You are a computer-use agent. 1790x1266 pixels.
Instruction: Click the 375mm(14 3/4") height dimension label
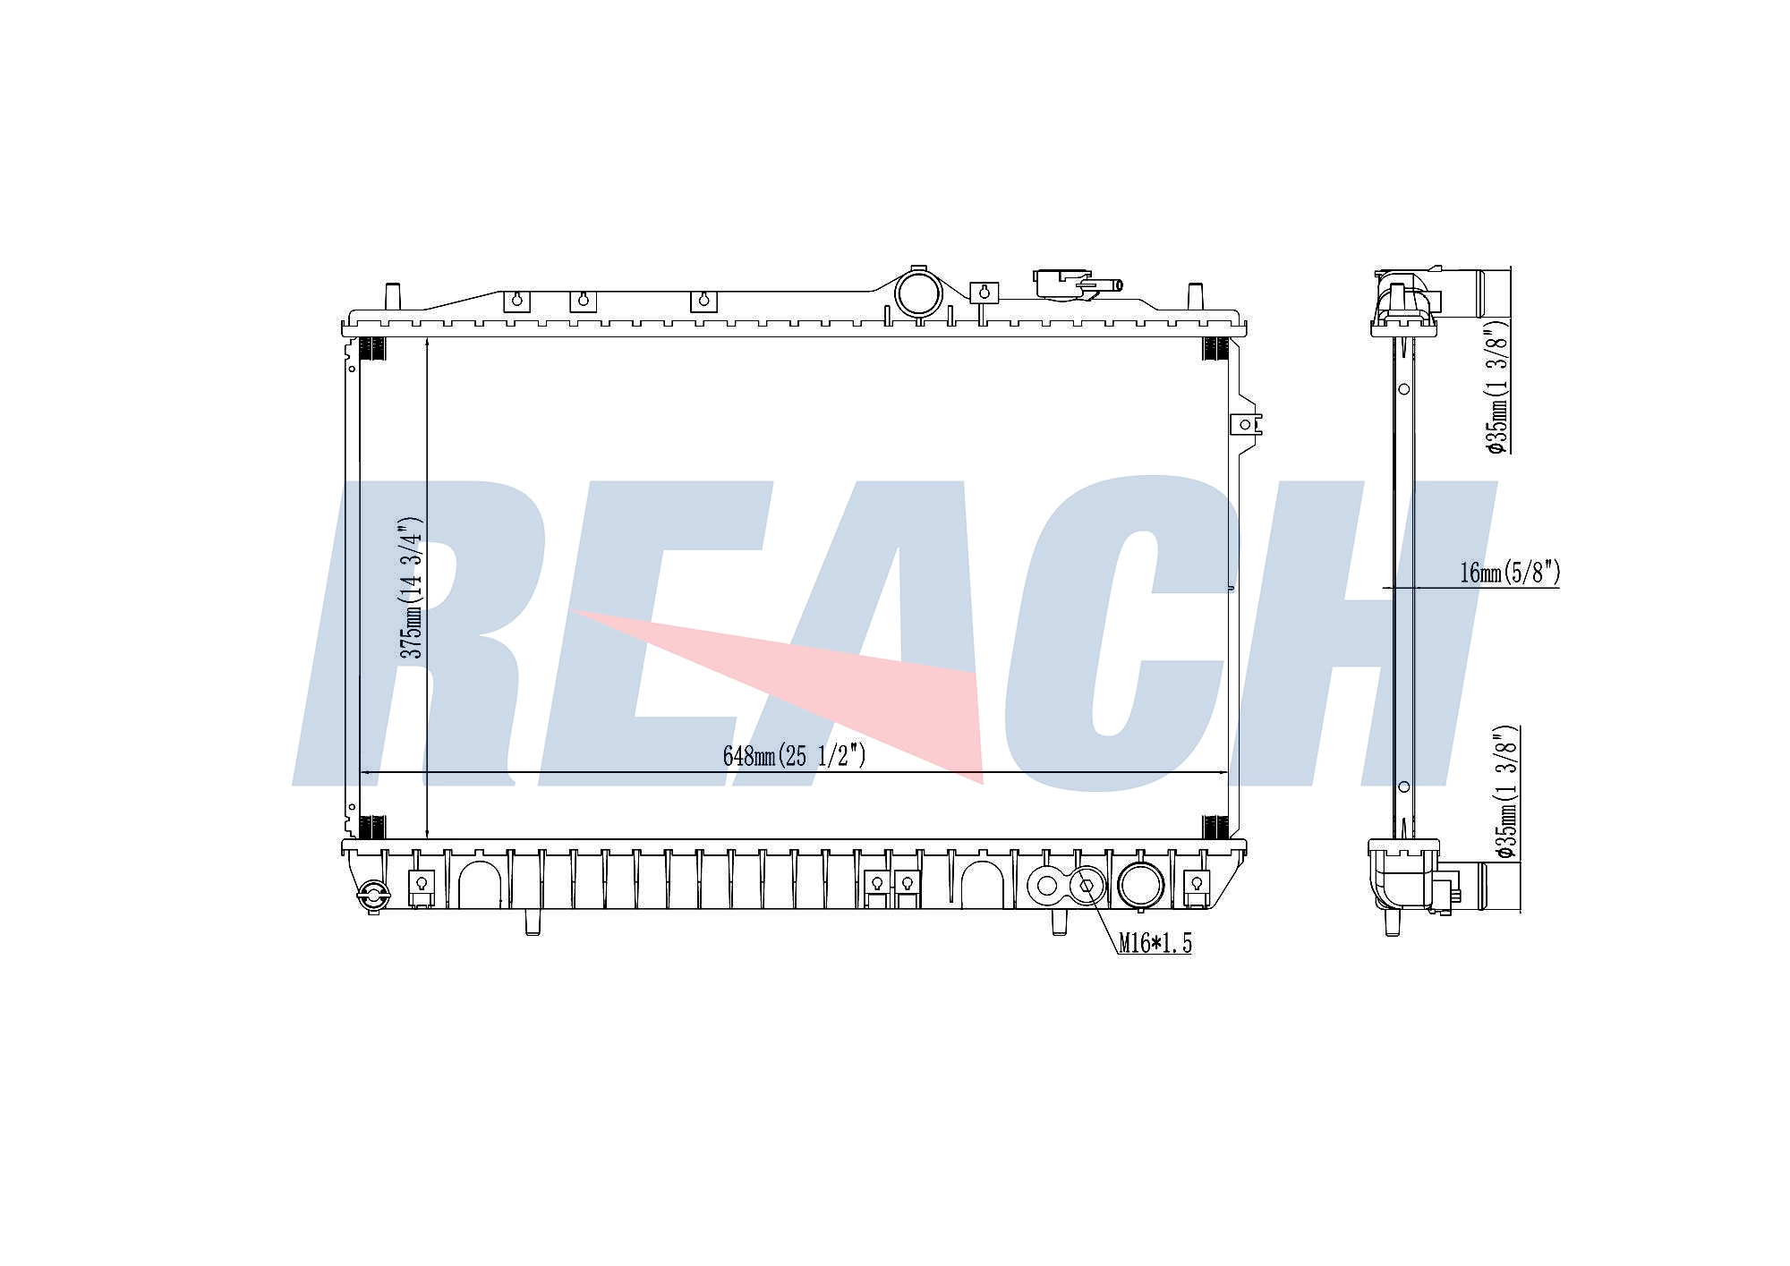(x=411, y=588)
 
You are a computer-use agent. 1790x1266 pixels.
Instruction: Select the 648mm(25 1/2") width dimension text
(x=795, y=757)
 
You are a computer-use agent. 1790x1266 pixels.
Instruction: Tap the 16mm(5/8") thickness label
(x=1510, y=573)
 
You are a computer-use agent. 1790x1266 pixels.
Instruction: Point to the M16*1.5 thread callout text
(x=1155, y=943)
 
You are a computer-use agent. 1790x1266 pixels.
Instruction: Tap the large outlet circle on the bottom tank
(x=1140, y=886)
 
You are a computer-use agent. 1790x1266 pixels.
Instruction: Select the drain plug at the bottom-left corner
(x=371, y=896)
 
